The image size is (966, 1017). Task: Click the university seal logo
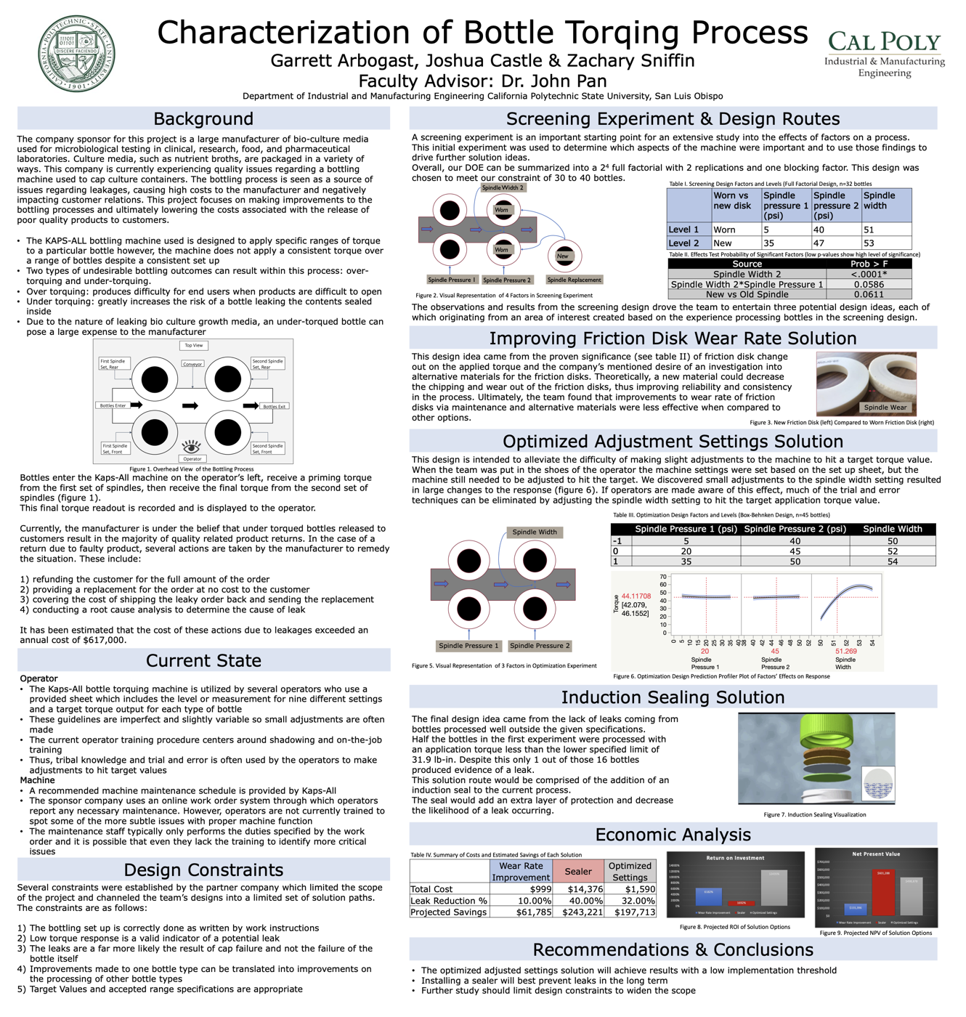point(76,54)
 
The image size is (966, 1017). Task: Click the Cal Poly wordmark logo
point(884,41)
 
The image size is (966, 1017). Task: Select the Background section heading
point(203,118)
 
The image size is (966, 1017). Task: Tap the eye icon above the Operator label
point(191,445)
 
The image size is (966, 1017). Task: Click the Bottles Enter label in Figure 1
point(113,405)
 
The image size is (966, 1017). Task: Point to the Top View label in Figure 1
point(194,346)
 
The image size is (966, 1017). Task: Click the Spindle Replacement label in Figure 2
point(574,280)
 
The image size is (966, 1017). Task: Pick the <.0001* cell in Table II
point(869,274)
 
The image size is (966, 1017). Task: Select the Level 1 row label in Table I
point(684,230)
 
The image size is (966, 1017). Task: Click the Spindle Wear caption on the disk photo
point(885,408)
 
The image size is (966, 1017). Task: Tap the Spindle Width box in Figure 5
point(535,532)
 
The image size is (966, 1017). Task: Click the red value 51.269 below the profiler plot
point(845,651)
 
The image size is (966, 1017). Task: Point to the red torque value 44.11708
point(636,596)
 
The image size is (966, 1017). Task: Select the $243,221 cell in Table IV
point(579,912)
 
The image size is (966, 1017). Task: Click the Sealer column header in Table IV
point(578,871)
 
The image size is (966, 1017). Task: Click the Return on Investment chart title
point(735,858)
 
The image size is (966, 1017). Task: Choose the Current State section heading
point(203,660)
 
